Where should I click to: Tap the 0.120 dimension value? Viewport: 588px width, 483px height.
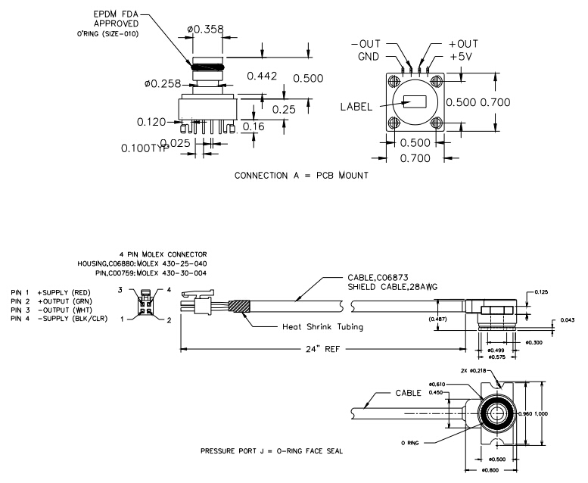click(151, 121)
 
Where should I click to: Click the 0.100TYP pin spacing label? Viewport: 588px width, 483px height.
click(144, 148)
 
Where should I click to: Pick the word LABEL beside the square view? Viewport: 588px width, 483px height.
click(356, 107)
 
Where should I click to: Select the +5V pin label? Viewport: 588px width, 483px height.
click(462, 56)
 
